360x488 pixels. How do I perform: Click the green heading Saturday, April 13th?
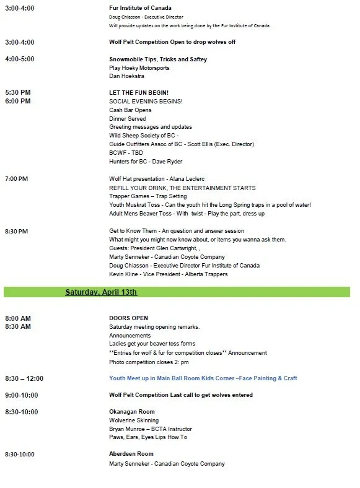click(101, 292)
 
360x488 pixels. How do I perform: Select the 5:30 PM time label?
click(18, 93)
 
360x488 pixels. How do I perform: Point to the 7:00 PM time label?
click(17, 179)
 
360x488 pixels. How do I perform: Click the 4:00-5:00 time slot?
click(20, 59)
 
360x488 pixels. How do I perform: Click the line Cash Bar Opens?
click(130, 110)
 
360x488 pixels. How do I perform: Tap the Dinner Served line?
click(128, 119)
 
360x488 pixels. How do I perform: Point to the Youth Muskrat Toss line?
click(210, 205)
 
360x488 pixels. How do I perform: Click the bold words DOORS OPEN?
click(128, 318)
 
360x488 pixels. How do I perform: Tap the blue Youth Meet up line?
click(203, 378)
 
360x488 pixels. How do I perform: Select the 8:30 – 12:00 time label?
click(24, 378)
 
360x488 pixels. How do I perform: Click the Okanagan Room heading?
click(132, 412)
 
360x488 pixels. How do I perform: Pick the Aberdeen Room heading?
click(131, 455)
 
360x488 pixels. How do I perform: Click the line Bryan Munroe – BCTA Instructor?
click(151, 429)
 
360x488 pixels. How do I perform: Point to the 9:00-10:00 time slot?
click(22, 395)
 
